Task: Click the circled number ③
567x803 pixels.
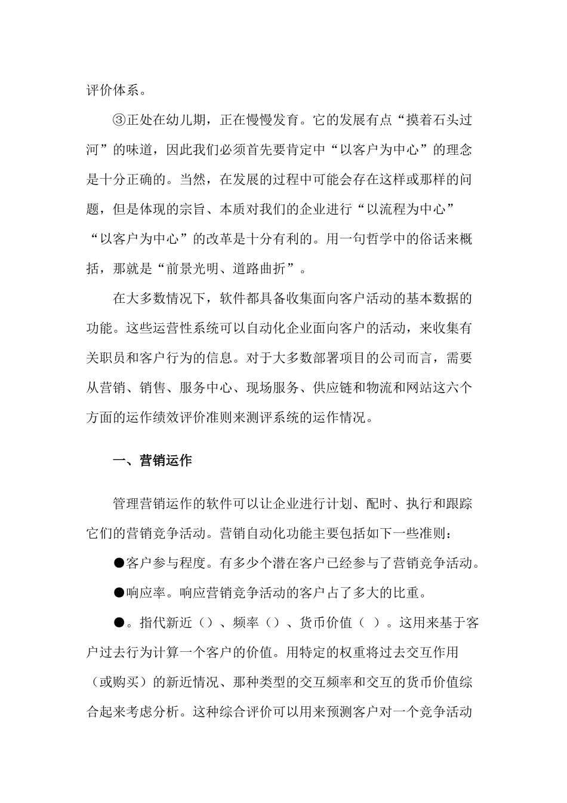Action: click(120, 119)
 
